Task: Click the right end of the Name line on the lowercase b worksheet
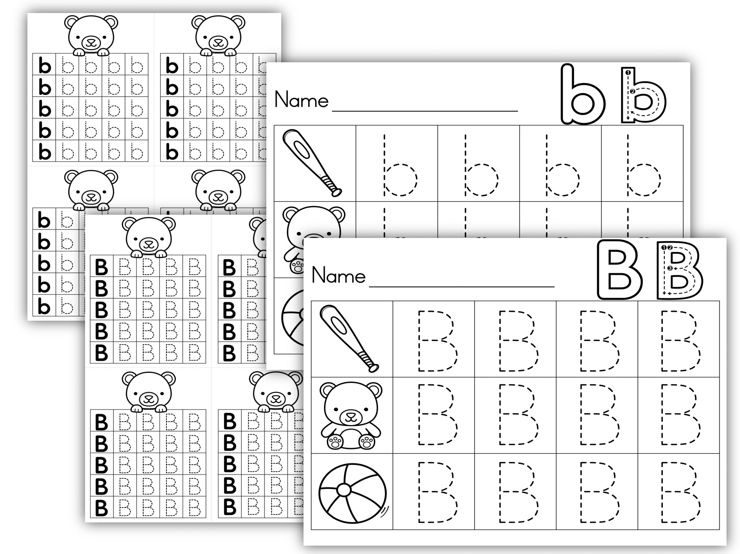pos(518,111)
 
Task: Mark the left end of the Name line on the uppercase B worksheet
pos(370,286)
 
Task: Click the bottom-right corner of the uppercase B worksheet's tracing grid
pos(720,529)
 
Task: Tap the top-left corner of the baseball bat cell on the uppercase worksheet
pos(311,301)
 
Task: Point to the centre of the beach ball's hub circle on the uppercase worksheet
pos(344,490)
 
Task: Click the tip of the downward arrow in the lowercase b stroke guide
pos(628,119)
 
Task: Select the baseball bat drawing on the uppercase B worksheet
pos(349,338)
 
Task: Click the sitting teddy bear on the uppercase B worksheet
pos(351,415)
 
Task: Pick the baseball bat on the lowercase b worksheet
pos(312,162)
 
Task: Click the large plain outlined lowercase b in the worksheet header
pos(582,94)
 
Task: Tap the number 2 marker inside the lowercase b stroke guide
pos(633,91)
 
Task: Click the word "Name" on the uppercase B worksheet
pos(338,275)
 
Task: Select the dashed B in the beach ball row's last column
pos(681,492)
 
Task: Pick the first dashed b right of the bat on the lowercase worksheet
pos(400,165)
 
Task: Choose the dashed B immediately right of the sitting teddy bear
pos(437,415)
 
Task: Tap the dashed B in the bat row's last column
pos(681,340)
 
